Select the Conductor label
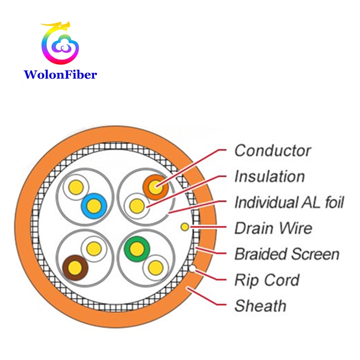(x=272, y=150)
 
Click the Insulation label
(x=269, y=176)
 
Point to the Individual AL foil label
(x=289, y=203)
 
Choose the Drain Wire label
(x=273, y=228)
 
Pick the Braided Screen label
(x=287, y=254)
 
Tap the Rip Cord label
(x=266, y=280)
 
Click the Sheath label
(x=260, y=306)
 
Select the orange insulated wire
(x=155, y=187)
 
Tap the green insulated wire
(x=137, y=249)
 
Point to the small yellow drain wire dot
(x=184, y=227)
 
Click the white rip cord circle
(x=192, y=268)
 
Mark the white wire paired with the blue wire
(x=76, y=186)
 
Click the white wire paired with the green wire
(x=155, y=267)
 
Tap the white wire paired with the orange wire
(x=137, y=205)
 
